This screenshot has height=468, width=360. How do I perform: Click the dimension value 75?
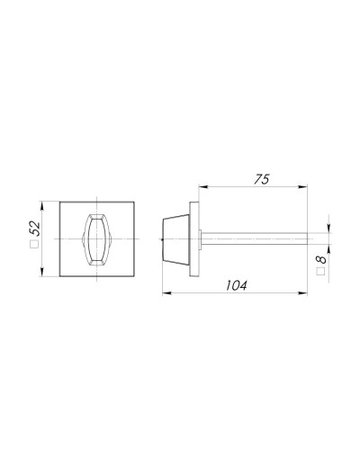pos(262,179)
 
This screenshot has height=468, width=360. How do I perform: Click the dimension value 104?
pos(237,285)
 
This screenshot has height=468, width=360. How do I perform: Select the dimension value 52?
pos(34,229)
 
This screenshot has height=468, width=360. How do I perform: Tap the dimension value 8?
pos(321,259)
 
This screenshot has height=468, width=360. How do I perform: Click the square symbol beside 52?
pos(34,245)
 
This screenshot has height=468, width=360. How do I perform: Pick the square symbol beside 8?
pos(321,271)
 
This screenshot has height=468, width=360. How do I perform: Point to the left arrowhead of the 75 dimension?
pos(203,187)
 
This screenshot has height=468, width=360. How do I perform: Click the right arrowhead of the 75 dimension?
pos(302,187)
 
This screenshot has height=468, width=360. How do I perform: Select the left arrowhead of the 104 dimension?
pos(166,293)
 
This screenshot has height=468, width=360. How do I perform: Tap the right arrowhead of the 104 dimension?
pos(302,293)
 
